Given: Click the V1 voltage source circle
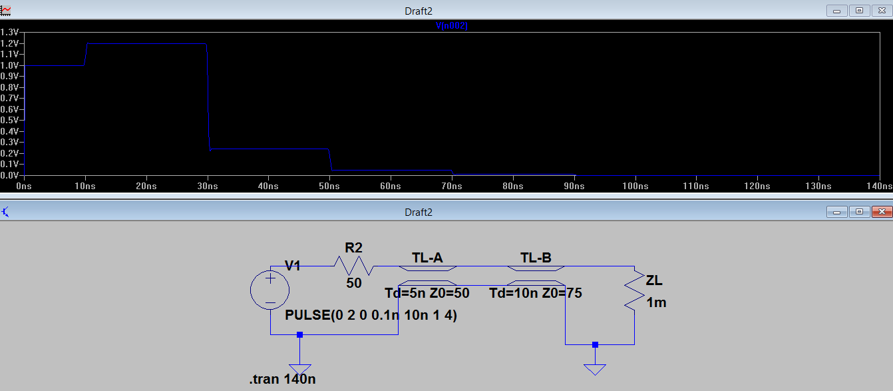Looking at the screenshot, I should tap(269, 290).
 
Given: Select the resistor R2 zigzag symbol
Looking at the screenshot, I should tap(353, 266).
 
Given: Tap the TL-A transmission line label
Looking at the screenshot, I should tap(427, 258).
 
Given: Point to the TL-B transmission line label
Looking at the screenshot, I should tap(536, 258).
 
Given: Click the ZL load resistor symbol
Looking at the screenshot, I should tap(633, 290).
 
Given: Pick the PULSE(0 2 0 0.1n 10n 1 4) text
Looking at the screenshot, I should tap(371, 315).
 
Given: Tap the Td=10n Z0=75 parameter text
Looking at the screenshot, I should tap(536, 292).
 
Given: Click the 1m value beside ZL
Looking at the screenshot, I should tap(656, 302).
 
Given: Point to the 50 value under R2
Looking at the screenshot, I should tap(354, 283).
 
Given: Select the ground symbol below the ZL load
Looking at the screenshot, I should tap(595, 368).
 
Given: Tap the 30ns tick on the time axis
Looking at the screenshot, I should tap(208, 186).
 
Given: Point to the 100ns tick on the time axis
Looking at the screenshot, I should tap(635, 186).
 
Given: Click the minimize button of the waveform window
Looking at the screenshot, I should tap(836, 10).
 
